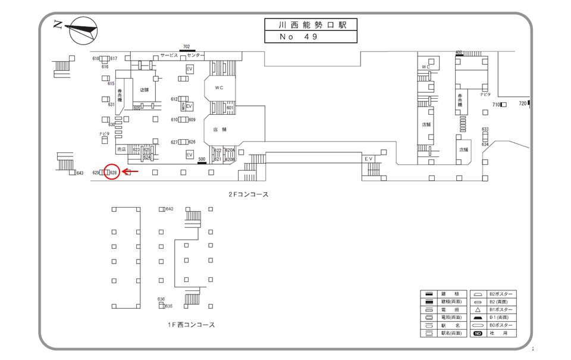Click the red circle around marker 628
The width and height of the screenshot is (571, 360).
[x=112, y=171]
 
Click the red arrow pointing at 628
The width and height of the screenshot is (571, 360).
[x=130, y=171]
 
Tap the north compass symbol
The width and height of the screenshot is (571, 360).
[x=83, y=30]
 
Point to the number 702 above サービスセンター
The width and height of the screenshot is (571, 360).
[x=186, y=46]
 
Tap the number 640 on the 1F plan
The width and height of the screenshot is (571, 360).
[x=170, y=209]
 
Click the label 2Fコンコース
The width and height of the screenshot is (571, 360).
[x=249, y=194]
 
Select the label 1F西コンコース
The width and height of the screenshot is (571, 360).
[x=191, y=325]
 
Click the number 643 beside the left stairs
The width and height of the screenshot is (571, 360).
[x=80, y=173]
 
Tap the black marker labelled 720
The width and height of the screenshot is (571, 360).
[x=529, y=104]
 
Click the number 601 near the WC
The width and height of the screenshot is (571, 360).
[x=230, y=108]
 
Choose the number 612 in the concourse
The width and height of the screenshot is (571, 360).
[x=174, y=99]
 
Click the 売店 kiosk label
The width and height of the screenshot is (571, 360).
[x=122, y=149]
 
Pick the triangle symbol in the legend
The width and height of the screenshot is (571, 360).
[x=479, y=310]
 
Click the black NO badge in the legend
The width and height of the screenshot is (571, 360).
[x=478, y=334]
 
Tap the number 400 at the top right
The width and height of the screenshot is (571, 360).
[x=459, y=52]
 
